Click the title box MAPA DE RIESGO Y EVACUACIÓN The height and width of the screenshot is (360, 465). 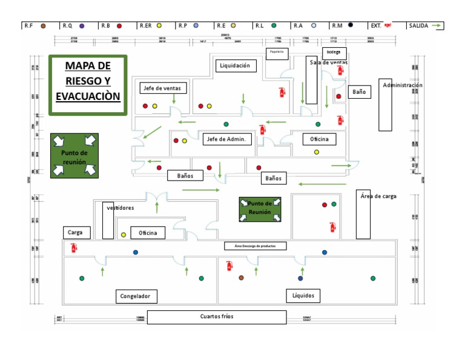(88, 84)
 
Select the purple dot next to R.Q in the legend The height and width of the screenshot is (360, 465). (81, 25)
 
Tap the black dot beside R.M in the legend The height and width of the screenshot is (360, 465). (350, 25)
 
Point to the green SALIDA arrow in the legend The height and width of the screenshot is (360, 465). (437, 25)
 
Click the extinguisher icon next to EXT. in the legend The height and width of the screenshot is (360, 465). (388, 25)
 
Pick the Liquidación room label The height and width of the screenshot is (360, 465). (236, 65)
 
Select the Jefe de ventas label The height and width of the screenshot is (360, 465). (162, 88)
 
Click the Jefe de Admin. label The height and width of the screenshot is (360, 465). (226, 139)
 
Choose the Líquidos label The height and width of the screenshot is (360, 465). (303, 296)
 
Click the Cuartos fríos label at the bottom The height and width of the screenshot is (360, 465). (217, 317)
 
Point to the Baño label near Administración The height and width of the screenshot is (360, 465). (359, 92)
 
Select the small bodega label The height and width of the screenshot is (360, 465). (334, 52)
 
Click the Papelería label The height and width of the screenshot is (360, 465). (277, 52)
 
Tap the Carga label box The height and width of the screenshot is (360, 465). (77, 233)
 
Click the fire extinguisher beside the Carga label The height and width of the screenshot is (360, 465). (74, 247)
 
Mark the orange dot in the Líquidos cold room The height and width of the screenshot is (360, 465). (241, 278)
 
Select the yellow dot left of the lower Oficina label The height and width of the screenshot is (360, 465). (124, 235)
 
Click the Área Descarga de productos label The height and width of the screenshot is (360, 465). (255, 246)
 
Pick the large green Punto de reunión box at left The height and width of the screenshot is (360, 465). (74, 156)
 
